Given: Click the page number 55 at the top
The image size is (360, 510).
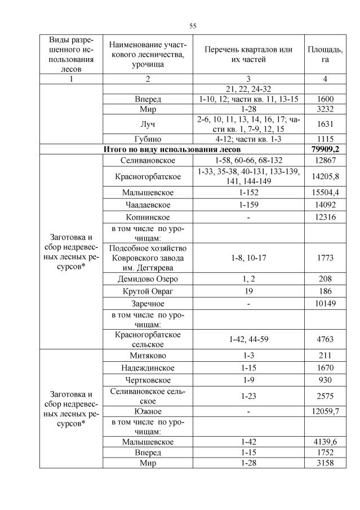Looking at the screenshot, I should point(193,26).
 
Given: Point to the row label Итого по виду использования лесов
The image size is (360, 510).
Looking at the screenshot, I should point(172,149).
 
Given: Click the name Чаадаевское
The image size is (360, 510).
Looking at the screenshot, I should point(148,205).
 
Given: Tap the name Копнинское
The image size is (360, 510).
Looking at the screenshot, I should point(148,218).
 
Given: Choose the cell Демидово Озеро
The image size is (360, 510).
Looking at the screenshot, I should point(148,278).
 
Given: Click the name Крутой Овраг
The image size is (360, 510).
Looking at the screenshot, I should point(148,291).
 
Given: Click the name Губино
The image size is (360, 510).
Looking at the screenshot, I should point(148,139).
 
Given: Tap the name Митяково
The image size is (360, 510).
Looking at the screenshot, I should point(148,355).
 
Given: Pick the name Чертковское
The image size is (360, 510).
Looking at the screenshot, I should point(148,381).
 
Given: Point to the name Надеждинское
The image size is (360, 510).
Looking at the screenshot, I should point(148,368).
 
